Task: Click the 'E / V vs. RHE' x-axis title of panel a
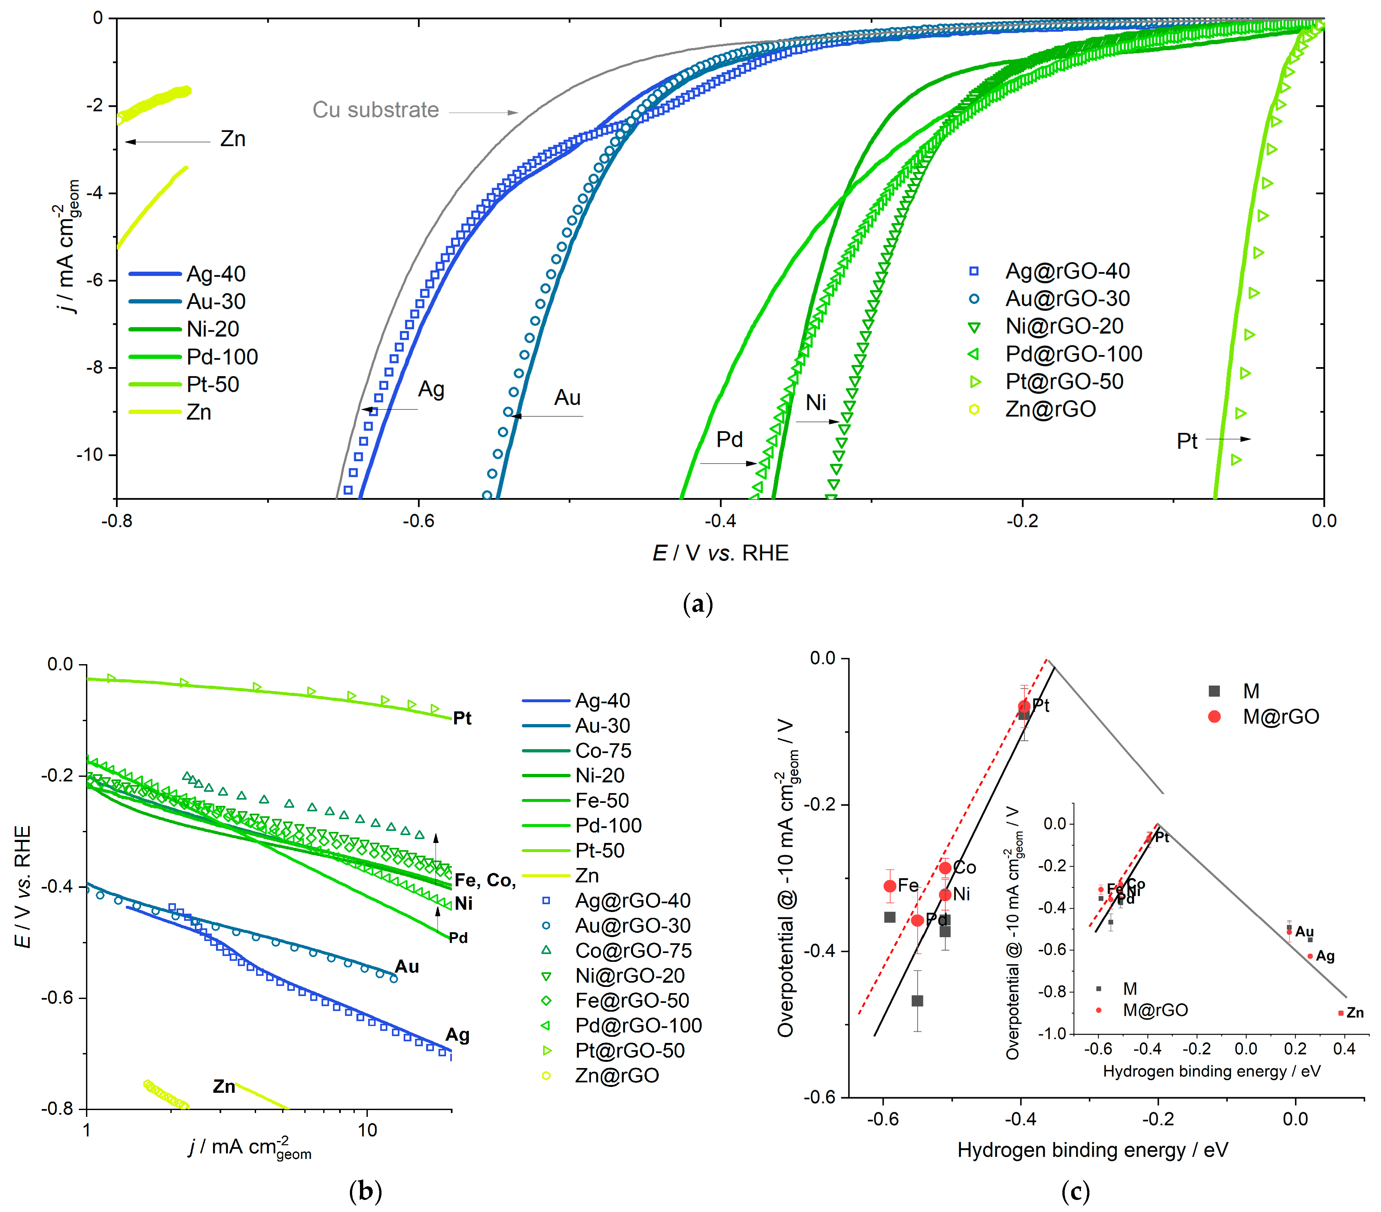720,553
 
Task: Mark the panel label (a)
698,603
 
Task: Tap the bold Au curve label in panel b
407,967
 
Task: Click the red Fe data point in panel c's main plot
890,886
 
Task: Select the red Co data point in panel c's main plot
945,868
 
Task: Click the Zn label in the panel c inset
1355,1013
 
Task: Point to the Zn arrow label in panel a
232,139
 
